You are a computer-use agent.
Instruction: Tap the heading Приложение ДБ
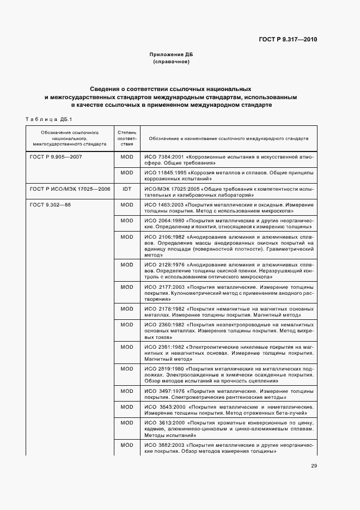[x=171, y=55]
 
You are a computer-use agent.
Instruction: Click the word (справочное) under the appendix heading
[x=171, y=62]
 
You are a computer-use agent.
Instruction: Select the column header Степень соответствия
[x=126, y=138]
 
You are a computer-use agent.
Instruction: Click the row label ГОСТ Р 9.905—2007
[x=56, y=157]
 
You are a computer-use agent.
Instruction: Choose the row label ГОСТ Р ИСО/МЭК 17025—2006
[x=70, y=189]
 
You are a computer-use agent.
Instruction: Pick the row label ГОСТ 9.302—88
[x=51, y=204]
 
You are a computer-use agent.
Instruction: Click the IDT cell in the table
[x=126, y=189]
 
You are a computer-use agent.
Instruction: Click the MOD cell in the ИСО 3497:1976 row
[x=126, y=391]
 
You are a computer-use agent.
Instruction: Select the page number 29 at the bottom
[x=314, y=465]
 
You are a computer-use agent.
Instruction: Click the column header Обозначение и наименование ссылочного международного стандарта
[x=228, y=138]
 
